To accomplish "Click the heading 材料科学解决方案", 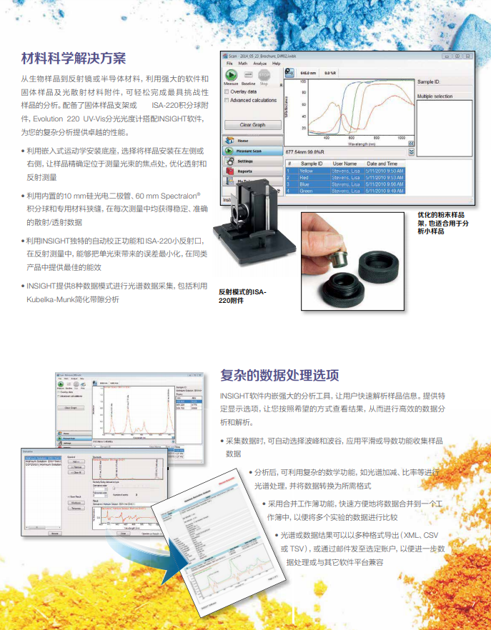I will coord(74,59).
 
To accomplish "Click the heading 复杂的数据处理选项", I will coord(279,375).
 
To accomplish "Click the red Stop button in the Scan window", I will coord(264,75).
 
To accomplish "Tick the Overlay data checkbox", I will coord(227,91).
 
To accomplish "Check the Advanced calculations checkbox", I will coord(227,100).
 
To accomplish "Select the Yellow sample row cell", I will coord(307,171).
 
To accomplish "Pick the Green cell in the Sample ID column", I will coord(307,191).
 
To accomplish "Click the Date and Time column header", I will coord(387,164).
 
